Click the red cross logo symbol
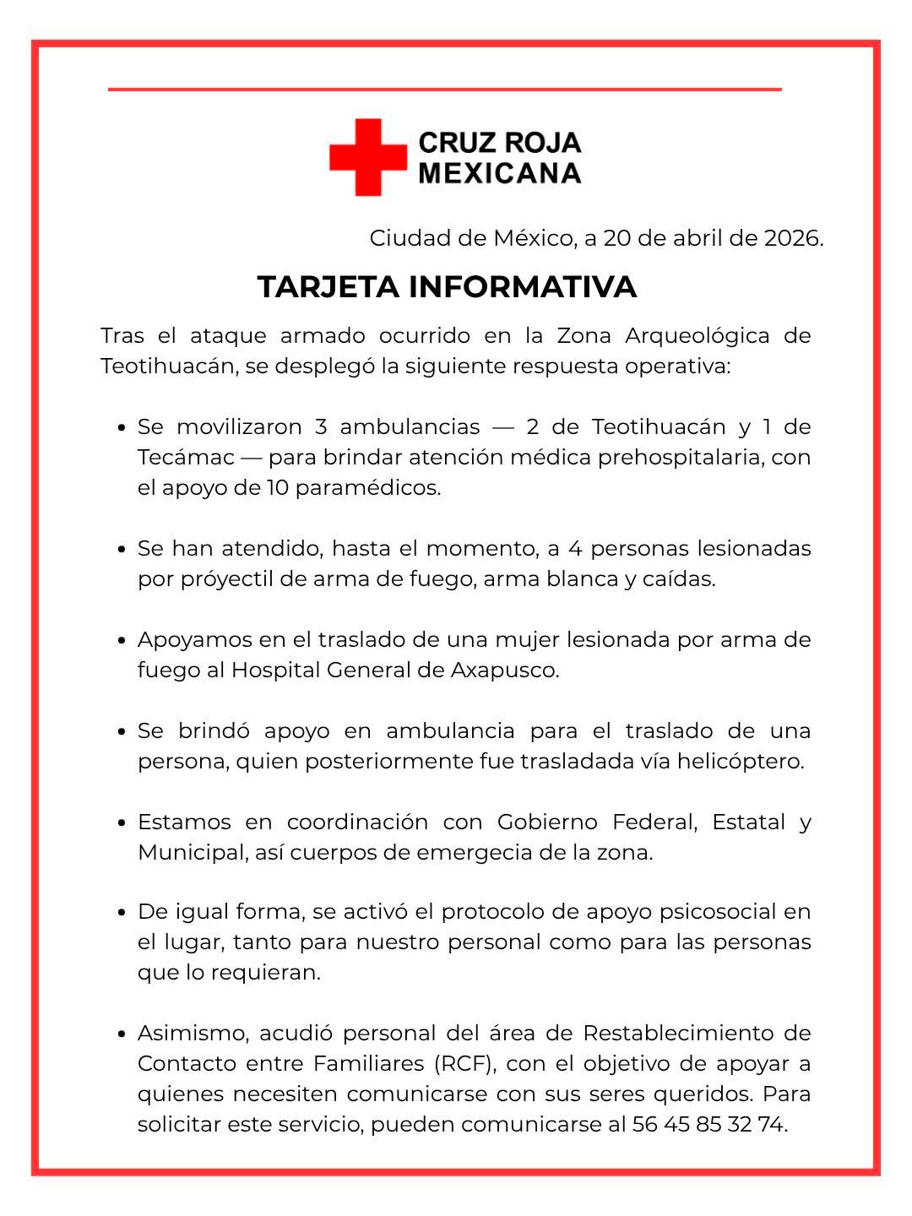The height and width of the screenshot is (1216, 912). tap(368, 157)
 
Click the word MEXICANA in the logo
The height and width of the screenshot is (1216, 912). tap(500, 173)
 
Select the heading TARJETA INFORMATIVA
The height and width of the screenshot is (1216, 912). tap(447, 287)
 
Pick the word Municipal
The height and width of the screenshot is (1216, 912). tap(191, 852)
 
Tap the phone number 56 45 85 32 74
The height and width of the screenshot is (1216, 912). tap(709, 1125)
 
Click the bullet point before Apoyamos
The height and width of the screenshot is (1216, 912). tap(122, 641)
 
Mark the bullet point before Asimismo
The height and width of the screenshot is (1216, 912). tap(122, 1034)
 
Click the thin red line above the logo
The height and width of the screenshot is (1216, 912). tap(444, 89)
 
